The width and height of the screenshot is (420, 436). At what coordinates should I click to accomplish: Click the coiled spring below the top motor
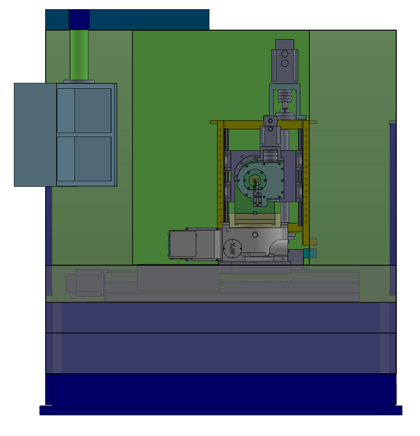coord(286,97)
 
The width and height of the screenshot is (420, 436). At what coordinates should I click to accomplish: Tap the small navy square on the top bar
coord(79,19)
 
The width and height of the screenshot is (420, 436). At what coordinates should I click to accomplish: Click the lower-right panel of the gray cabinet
coord(93,159)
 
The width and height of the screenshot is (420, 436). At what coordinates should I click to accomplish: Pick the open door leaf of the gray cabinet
coord(34,135)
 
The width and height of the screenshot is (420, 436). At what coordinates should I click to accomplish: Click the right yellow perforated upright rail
coord(305,176)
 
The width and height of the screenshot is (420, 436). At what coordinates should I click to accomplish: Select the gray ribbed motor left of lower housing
coord(192,244)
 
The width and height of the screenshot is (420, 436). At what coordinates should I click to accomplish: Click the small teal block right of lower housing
coord(309,252)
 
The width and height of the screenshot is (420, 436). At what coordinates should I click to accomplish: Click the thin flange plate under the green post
coord(79,80)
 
